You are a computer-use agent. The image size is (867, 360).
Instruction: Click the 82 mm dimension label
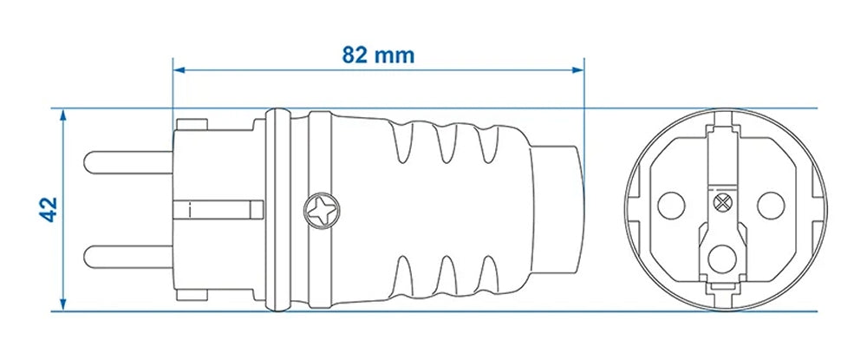pos(378,56)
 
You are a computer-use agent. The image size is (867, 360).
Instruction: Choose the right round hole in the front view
pos(769,206)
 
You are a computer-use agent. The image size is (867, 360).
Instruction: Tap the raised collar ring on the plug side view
pos(277,209)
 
